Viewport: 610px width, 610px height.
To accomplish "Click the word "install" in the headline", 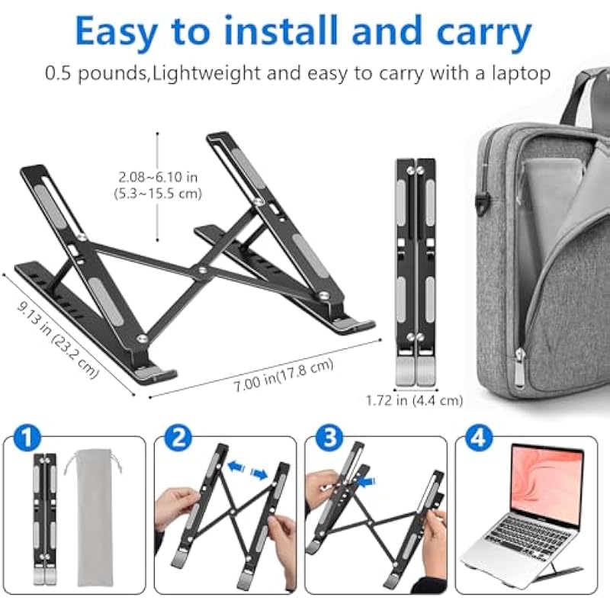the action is click(x=281, y=31).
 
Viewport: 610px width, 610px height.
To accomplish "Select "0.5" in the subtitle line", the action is click(x=58, y=73).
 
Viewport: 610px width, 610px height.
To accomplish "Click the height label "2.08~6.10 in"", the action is click(x=158, y=178).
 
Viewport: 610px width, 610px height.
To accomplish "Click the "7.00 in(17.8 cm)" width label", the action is click(x=284, y=375).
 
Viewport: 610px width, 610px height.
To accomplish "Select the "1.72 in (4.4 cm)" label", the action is click(x=414, y=400).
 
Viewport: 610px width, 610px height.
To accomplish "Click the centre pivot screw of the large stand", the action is click(x=202, y=269).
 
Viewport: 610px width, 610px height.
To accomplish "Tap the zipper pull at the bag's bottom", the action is click(x=519, y=368).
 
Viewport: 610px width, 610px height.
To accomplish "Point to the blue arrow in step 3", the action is click(x=367, y=483).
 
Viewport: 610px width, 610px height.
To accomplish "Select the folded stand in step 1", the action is click(x=45, y=518).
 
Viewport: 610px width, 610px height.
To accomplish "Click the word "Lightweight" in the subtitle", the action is click(x=205, y=73).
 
